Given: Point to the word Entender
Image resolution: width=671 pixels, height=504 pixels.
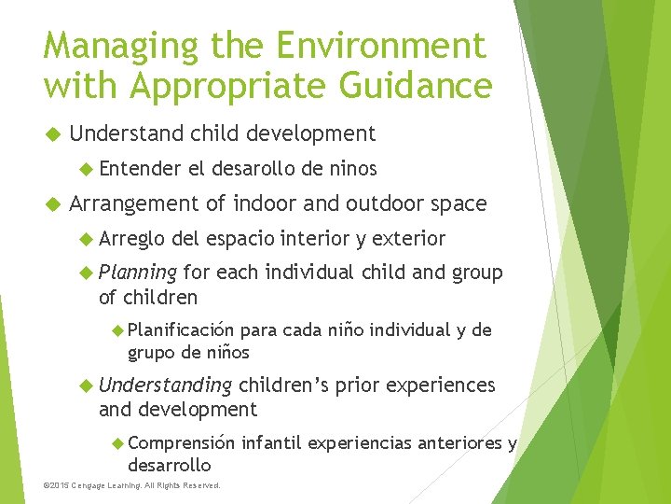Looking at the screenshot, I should (x=139, y=169).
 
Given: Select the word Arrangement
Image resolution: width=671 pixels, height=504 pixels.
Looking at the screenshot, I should (x=134, y=203).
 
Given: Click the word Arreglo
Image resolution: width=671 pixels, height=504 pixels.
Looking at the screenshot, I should (x=132, y=238).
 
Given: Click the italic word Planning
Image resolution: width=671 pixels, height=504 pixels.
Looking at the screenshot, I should (x=138, y=273).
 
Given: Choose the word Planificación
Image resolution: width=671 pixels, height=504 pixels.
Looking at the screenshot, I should (x=181, y=329).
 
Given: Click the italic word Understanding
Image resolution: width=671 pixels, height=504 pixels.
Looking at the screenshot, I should (x=165, y=385).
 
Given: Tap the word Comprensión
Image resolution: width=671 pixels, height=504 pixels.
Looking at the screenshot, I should (x=181, y=442).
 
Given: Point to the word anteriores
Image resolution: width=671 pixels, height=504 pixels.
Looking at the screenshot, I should (x=449, y=442).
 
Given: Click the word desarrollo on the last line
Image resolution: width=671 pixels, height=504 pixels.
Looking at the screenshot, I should (x=169, y=464).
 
